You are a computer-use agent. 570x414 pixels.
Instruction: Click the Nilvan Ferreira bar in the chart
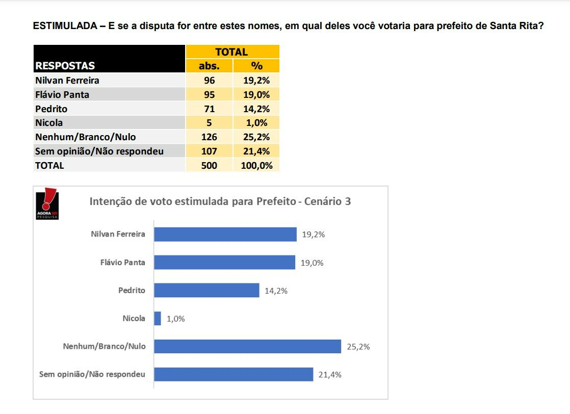(225, 235)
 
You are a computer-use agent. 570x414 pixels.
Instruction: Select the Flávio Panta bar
(224, 263)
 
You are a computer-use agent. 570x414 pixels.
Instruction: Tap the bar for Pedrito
(206, 291)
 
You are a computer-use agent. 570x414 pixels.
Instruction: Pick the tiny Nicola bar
(158, 319)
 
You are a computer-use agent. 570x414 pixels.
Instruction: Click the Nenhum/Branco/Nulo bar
(247, 347)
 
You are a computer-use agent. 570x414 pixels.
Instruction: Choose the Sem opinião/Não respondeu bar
(234, 374)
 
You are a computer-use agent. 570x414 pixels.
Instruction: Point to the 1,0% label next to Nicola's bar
(176, 319)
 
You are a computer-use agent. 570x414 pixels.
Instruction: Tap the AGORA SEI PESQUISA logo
(47, 204)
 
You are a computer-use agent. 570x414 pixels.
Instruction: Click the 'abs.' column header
(209, 66)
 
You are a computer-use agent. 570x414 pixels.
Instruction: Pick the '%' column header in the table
(256, 66)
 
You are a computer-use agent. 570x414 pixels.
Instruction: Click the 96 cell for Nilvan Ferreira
(209, 80)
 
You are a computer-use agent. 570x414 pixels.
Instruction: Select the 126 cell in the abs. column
(209, 137)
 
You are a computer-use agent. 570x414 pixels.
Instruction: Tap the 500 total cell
(209, 165)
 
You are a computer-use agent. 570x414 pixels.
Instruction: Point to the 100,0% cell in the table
(256, 165)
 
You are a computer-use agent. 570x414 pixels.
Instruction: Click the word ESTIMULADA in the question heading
(65, 26)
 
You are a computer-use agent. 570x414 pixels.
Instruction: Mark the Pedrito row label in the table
(51, 109)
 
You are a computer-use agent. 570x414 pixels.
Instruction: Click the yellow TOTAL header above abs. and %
(232, 51)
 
